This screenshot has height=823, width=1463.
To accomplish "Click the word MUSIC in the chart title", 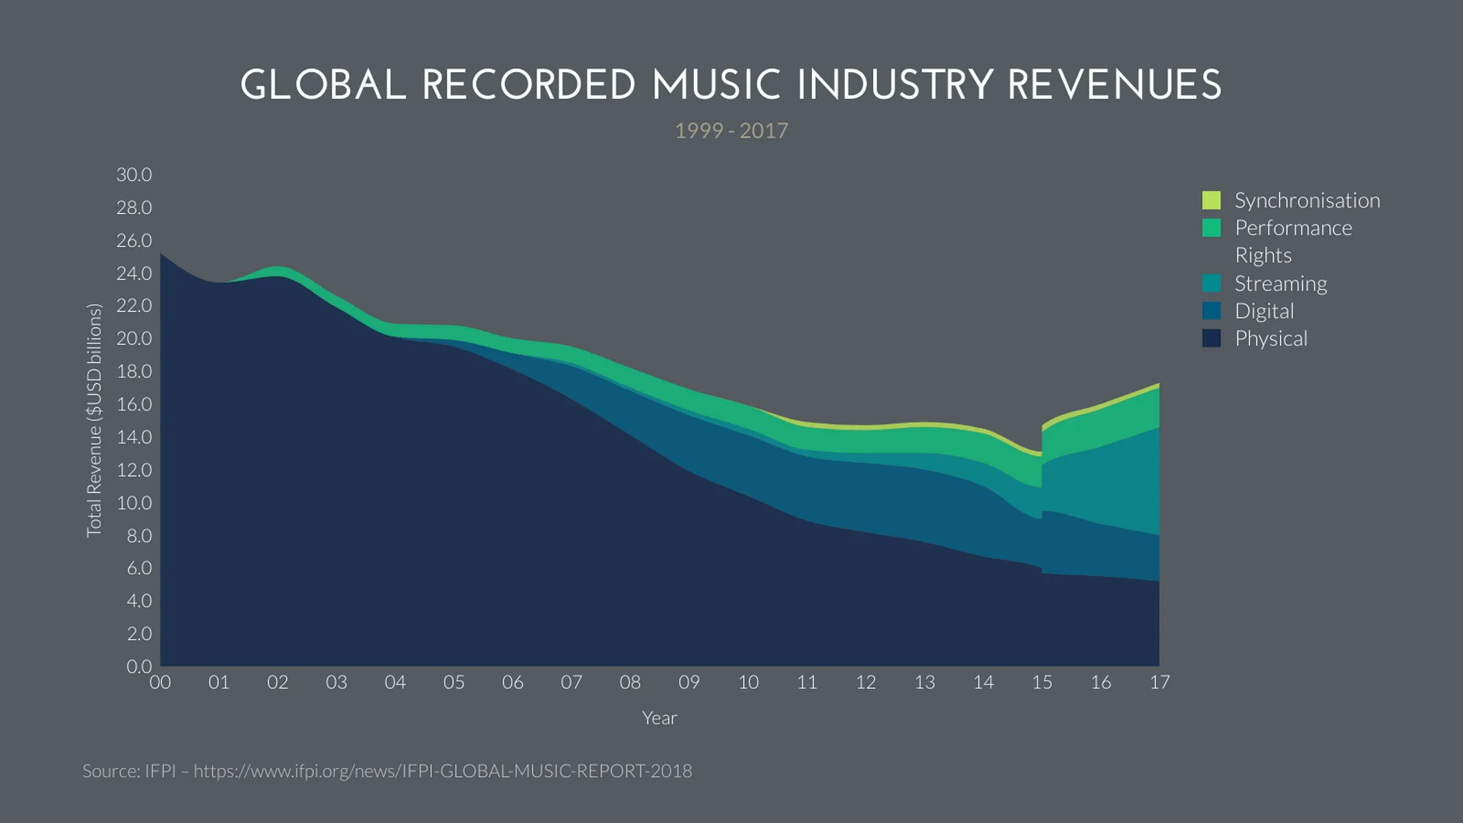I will coord(716,86).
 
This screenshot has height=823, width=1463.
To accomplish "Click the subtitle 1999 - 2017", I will coord(731,130).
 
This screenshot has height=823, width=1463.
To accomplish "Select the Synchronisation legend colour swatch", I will coord(1211,200).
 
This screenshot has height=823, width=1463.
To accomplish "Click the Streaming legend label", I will coord(1281,283).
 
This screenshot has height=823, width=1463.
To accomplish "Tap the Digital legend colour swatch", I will coord(1211,311).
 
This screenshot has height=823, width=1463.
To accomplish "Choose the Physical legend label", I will coord(1270,338).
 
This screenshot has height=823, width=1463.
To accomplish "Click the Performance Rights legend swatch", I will coord(1211,228).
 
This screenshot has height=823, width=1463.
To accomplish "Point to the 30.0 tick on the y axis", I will coord(134,174).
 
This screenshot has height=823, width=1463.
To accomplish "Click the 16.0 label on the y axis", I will coord(134,404).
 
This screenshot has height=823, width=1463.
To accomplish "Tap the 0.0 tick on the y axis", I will coord(139,666).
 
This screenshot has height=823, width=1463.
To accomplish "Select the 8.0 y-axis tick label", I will coord(139,535).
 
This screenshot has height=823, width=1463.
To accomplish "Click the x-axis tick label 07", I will coord(571,682).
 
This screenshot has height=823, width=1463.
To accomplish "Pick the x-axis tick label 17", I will coord(1159,682).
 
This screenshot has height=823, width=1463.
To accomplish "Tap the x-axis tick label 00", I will coord(160,682).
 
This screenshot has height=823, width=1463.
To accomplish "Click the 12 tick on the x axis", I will coord(866,682).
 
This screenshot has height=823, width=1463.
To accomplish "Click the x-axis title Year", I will coord(659,717).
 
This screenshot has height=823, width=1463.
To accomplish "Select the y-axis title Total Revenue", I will coord(94,420).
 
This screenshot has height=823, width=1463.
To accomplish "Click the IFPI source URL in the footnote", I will coord(442,771).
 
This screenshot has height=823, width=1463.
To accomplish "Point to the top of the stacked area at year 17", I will coord(1158,385).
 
